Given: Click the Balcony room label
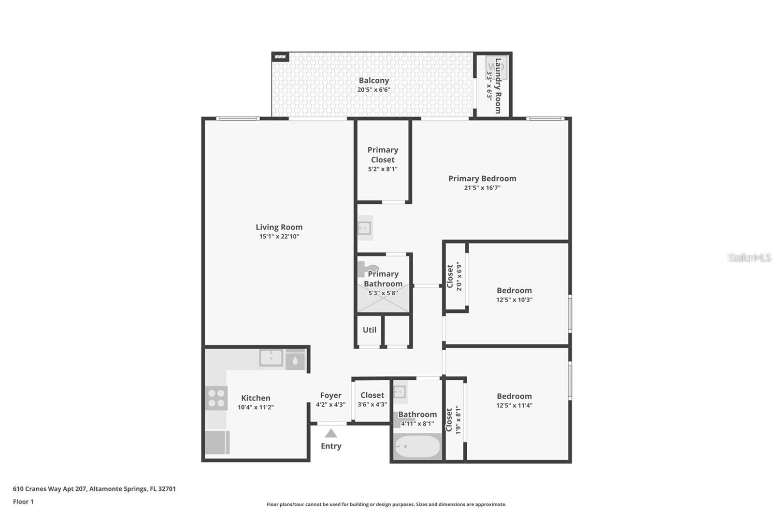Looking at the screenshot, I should click(373, 81).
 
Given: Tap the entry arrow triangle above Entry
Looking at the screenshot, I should click(331, 433).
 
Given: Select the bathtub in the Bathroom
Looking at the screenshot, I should click(416, 446).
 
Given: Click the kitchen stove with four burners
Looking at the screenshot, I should click(216, 398).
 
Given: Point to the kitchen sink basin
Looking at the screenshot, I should click(271, 358).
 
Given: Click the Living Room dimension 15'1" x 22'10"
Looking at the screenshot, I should click(279, 236).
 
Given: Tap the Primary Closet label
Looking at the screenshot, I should click(383, 155).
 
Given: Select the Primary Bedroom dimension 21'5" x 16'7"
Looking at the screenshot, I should click(482, 188).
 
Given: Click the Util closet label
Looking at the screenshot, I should click(370, 330).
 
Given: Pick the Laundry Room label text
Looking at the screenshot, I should click(498, 86).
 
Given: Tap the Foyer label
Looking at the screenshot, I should click(330, 395).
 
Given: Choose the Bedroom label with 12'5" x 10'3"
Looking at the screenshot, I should click(514, 290).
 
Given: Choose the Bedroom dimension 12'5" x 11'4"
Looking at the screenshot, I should click(514, 405).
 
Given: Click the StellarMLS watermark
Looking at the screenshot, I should click(749, 257).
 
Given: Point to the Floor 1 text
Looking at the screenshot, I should click(23, 501).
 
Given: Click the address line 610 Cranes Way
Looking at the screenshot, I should click(94, 488).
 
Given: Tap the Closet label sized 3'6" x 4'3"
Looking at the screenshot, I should click(372, 395).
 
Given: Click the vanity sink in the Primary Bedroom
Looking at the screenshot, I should click(364, 228).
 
